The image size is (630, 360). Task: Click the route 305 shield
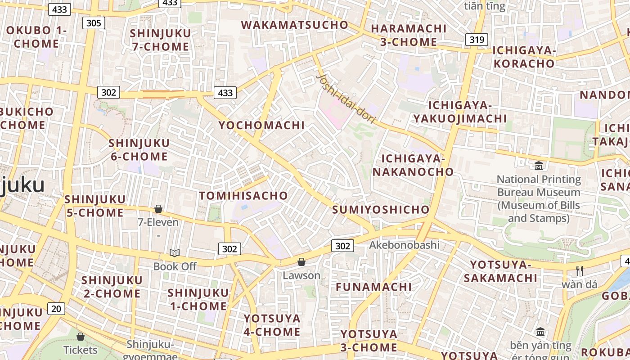(94, 23)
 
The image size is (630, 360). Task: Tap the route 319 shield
(477, 40)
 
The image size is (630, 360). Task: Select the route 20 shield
(56, 309)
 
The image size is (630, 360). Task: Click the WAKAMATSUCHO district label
(295, 25)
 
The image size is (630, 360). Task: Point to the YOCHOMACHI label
(261, 125)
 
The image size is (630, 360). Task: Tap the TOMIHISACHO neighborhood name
(243, 195)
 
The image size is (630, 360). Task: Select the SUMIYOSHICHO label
(381, 210)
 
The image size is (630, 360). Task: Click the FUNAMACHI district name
(373, 287)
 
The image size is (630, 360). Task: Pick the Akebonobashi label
(404, 245)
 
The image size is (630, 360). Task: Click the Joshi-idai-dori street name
(346, 99)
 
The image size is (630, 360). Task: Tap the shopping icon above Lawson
(301, 262)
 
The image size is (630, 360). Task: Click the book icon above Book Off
(175, 253)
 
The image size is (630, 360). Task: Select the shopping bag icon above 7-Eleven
(158, 209)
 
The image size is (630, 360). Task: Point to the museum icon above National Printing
(539, 166)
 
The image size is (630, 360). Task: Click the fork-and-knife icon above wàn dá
(580, 271)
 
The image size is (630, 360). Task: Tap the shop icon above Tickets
(81, 337)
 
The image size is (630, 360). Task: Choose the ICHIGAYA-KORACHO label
(524, 57)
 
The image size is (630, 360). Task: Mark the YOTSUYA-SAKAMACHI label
(500, 271)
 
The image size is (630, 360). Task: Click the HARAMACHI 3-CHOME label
(408, 35)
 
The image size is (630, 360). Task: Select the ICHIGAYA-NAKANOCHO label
(413, 165)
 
